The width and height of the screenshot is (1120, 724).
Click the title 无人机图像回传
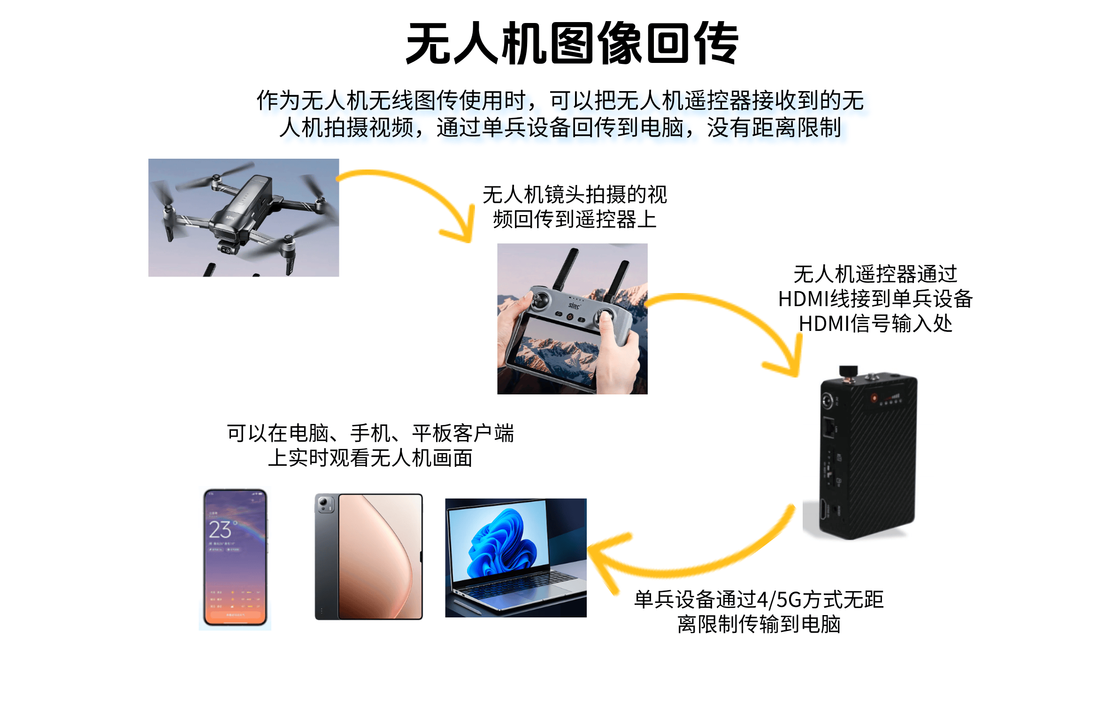click(x=572, y=43)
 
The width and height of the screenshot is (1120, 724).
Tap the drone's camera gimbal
click(x=226, y=247)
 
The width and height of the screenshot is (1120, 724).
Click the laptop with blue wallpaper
click(x=515, y=558)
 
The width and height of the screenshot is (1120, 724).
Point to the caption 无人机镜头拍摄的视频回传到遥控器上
click(x=575, y=207)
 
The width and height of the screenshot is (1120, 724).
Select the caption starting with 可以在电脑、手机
click(x=370, y=445)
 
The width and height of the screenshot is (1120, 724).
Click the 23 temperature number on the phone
click(x=220, y=529)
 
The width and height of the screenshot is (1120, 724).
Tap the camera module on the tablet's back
click(x=325, y=505)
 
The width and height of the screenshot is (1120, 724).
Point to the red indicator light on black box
click(x=874, y=398)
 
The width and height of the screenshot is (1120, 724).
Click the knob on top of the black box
click(x=848, y=371)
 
